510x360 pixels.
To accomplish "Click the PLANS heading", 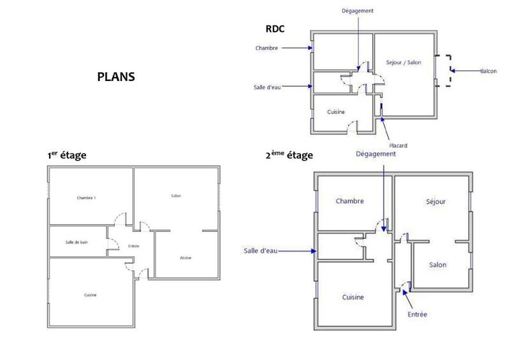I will point(115,76).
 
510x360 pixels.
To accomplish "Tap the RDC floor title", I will point(275,29).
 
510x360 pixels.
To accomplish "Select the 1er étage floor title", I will point(67,155).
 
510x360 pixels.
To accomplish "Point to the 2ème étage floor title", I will point(289,155).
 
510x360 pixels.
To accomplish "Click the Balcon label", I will point(488,71).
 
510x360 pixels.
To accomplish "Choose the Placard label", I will point(398,145).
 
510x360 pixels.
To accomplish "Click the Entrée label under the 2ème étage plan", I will point(417,314).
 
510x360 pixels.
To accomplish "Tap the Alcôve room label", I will point(186,257).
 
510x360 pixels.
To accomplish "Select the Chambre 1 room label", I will point(86,198).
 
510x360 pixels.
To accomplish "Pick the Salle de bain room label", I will point(77,242).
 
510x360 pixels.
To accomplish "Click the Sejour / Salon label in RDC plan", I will point(404,62).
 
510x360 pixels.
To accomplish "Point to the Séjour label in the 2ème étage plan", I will point(435,201).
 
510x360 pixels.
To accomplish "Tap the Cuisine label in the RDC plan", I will point(336,112).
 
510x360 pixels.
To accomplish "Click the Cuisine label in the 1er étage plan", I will point(91,295).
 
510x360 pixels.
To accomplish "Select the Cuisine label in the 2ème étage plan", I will point(353,298).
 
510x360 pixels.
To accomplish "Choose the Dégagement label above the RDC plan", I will point(358,11).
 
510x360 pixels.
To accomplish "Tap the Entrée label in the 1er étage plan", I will point(134,247).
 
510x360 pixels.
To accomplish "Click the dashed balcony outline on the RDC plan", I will point(448,71).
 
